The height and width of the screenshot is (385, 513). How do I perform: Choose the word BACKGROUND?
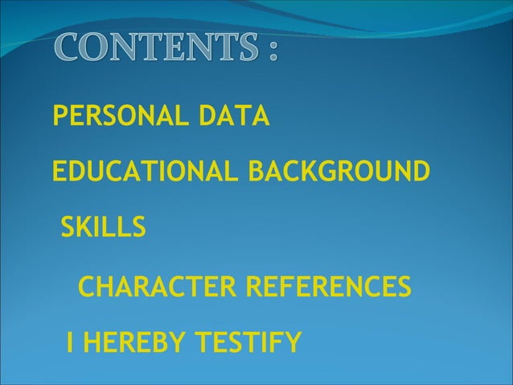point(339,172)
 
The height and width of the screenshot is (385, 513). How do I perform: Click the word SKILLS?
point(104,228)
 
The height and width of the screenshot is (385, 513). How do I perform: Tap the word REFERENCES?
point(327,286)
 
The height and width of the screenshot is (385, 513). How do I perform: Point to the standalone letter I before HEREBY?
point(71,344)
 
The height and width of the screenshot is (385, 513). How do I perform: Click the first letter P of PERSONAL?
point(59,117)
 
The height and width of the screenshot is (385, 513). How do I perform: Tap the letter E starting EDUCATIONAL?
point(58,172)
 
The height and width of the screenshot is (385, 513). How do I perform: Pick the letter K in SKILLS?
point(86,228)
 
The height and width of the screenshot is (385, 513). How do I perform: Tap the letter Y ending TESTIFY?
point(293,344)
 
